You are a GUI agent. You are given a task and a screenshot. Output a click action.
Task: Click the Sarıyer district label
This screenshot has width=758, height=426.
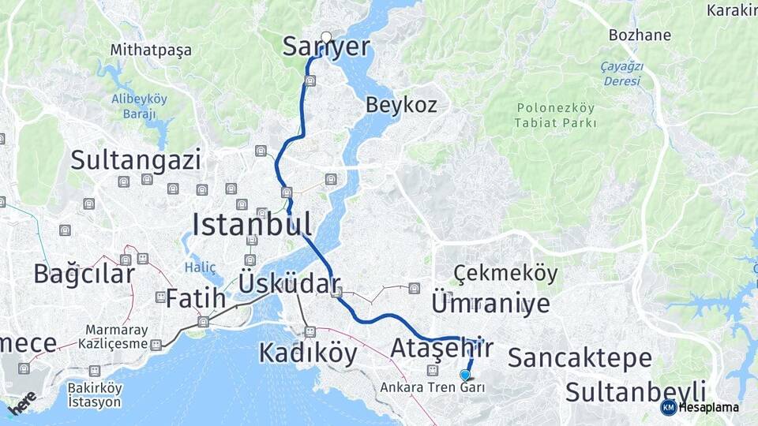coord(326,47)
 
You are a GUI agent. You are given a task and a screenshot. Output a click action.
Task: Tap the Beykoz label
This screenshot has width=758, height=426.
coord(401,105)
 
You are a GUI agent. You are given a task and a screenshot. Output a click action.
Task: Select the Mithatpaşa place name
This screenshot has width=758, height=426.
coord(151,50)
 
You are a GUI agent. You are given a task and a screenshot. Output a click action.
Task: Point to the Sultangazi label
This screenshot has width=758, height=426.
coord(136,160)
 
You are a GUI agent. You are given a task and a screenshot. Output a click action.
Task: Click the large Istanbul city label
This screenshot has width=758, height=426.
coord(252,224)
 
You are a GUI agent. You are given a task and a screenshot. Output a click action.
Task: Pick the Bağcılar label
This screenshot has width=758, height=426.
coord(84,274)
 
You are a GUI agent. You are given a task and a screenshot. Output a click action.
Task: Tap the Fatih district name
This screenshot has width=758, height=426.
coord(196,299)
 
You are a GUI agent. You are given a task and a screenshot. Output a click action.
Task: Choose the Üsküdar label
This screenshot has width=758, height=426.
coord(289,284)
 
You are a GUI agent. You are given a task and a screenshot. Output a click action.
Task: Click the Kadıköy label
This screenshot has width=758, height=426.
coord(308,353)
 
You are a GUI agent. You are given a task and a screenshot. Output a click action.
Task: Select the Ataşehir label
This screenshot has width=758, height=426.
coord(442,347)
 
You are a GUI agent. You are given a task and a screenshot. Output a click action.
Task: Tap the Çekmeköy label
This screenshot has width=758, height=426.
coord(505,274)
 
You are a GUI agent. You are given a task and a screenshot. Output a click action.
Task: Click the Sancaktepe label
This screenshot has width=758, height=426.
coord(580,358)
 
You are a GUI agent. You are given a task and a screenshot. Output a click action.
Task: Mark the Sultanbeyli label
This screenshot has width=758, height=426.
coord(636,391)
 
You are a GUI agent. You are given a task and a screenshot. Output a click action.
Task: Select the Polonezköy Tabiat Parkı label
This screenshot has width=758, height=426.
coord(555,115)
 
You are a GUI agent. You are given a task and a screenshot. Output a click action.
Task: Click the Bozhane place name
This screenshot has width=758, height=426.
coord(640,35)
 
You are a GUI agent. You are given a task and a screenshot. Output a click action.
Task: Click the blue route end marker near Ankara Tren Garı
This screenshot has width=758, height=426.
coord(465,376)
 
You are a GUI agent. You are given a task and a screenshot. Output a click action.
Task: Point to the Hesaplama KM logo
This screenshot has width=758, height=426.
coord(699,407)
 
